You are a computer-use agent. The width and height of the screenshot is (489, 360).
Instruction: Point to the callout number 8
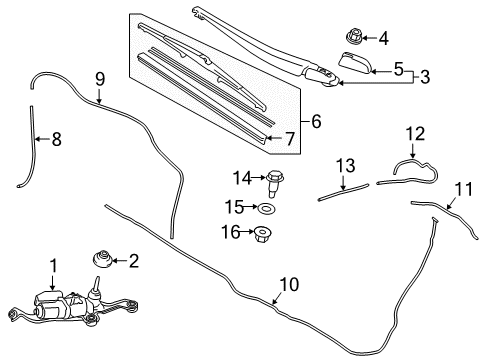click(x=55, y=139)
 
